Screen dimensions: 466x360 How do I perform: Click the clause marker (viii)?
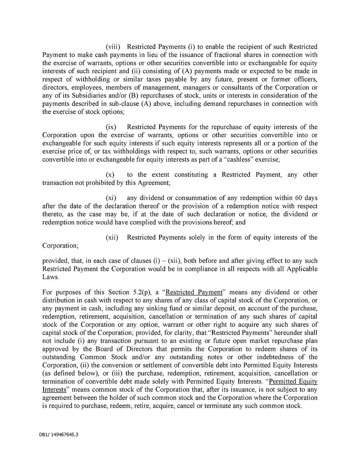pyautogui.click(x=113, y=47)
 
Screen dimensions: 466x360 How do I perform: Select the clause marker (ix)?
pyautogui.click(x=111, y=127)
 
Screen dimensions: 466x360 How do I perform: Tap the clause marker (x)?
pyautogui.click(x=110, y=175)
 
